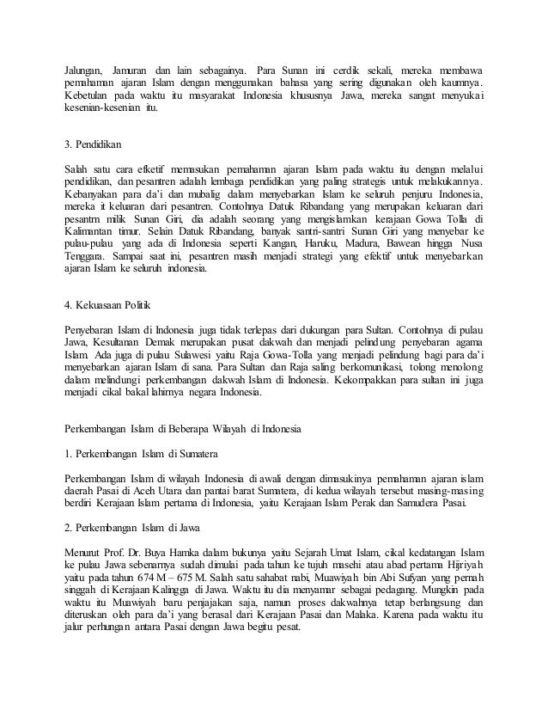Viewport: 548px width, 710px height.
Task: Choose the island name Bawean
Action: coord(443,232)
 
